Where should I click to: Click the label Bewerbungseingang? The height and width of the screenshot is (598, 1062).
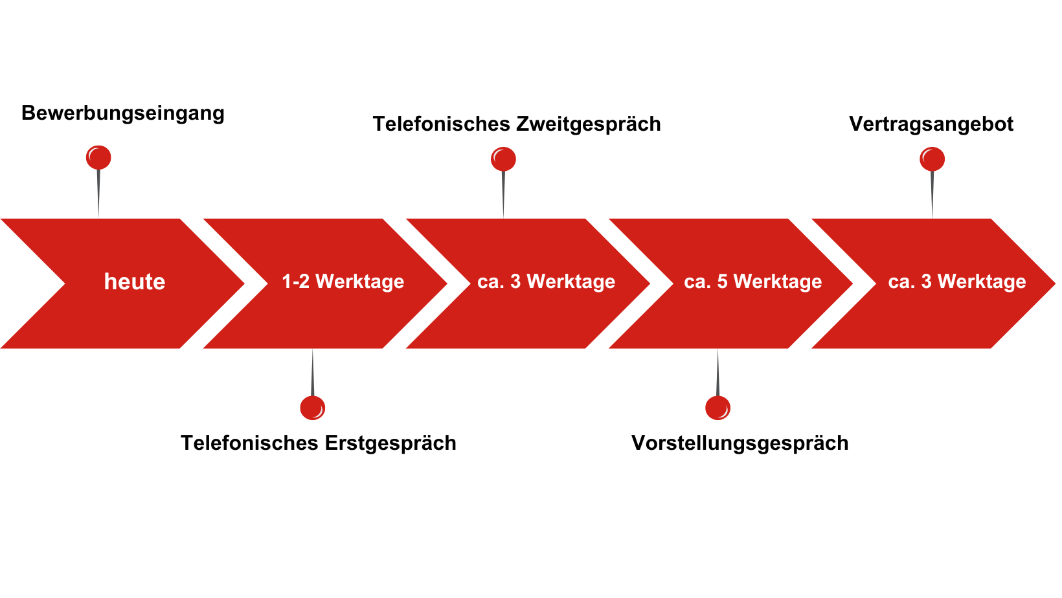click(x=122, y=113)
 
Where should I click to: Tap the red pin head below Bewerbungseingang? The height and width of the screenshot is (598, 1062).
click(x=98, y=157)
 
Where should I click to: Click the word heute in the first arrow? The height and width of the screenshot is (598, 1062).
click(x=135, y=282)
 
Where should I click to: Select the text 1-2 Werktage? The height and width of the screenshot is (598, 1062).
click(x=343, y=282)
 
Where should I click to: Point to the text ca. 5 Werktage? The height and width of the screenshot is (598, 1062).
click(x=752, y=282)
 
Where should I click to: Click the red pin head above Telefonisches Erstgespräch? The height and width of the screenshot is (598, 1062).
click(x=312, y=408)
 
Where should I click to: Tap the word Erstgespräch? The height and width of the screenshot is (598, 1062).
click(x=390, y=443)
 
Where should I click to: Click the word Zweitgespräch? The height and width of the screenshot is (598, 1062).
click(x=589, y=124)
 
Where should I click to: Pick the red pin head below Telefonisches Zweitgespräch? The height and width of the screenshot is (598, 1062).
click(x=503, y=159)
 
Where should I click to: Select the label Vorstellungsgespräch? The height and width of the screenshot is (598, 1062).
click(x=740, y=443)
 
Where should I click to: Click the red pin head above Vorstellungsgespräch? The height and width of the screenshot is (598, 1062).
click(x=717, y=408)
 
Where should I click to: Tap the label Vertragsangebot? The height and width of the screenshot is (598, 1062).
click(x=931, y=124)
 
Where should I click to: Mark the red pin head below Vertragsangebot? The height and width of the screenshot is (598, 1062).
click(x=932, y=159)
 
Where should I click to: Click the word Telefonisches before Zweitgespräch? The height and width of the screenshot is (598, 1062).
click(x=442, y=124)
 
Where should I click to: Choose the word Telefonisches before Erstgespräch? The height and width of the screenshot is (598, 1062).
click(x=249, y=443)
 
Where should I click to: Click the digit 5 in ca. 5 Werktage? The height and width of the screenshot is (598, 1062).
click(x=722, y=282)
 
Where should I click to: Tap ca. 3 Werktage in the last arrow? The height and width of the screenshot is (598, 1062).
click(x=956, y=282)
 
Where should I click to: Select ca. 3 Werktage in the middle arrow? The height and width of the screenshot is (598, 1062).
click(x=546, y=282)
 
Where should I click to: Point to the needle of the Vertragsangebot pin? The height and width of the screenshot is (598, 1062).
click(x=932, y=194)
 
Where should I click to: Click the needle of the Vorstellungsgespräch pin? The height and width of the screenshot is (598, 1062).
click(x=717, y=372)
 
